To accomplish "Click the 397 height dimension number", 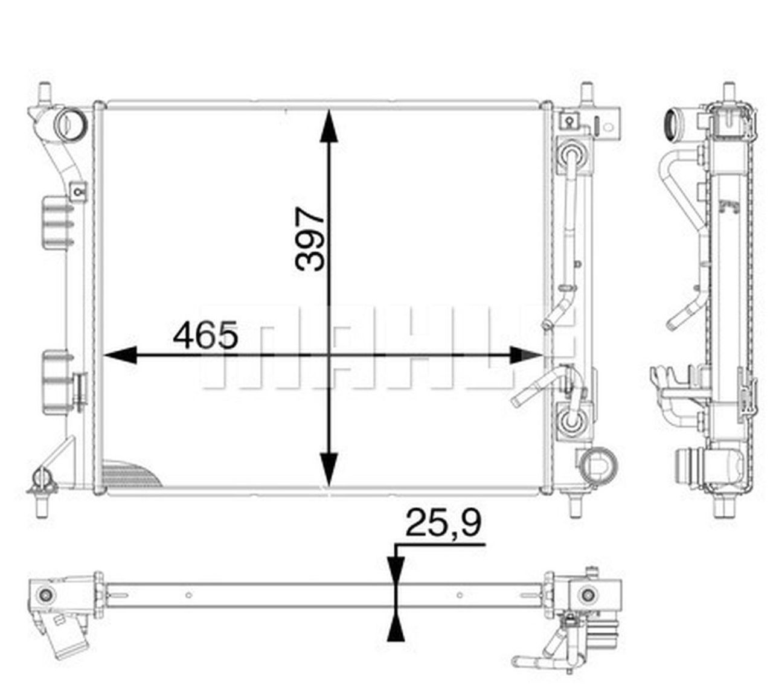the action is pyautogui.click(x=309, y=239).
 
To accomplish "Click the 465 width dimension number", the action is pyautogui.click(x=205, y=335).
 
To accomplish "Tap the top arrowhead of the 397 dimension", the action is pyautogui.click(x=329, y=126).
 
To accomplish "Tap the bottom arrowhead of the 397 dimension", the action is pyautogui.click(x=329, y=469).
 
